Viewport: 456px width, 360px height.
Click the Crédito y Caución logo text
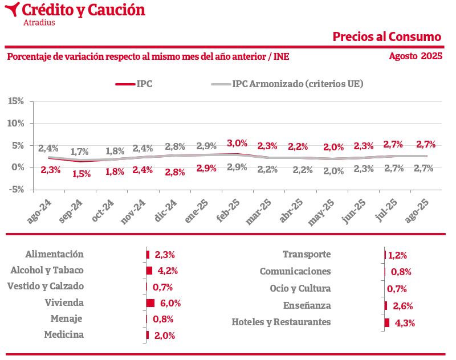coord(83,10)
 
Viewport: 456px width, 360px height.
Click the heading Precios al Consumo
coord(387,37)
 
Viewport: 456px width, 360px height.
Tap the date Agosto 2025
coord(416,56)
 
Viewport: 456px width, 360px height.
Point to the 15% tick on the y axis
coord(16,101)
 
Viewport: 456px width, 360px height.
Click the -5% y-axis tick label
coord(16,190)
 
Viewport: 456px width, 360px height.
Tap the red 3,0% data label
coord(237,143)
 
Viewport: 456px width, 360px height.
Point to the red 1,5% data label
coord(82,174)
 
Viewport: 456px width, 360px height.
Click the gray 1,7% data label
coord(80,152)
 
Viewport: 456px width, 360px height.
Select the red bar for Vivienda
coord(150,303)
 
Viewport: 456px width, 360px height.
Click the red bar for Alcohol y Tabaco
coord(149,271)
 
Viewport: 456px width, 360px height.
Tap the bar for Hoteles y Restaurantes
coord(387,322)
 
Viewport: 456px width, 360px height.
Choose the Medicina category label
coord(64,335)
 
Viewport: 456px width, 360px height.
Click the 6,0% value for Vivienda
coord(170,304)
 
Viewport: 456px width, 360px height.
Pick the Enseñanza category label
coord(307,305)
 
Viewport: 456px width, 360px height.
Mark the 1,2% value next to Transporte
coord(398,256)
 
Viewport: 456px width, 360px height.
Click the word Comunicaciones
coord(295,272)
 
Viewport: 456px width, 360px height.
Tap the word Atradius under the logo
coord(39,23)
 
